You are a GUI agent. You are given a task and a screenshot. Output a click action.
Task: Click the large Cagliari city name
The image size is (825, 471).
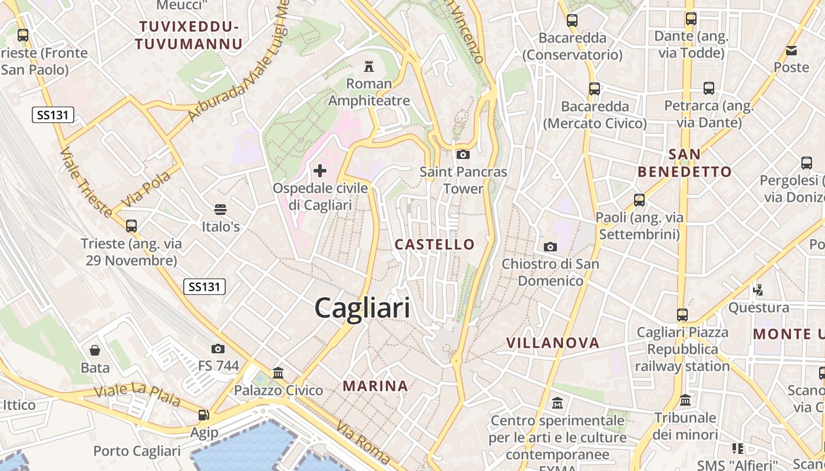click(x=362, y=308)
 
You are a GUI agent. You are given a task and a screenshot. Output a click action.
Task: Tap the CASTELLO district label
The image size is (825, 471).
click(x=435, y=244)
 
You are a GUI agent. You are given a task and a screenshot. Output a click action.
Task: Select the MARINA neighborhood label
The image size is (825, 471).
click(x=375, y=386)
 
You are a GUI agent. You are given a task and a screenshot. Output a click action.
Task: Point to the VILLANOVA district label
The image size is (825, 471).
click(x=553, y=343)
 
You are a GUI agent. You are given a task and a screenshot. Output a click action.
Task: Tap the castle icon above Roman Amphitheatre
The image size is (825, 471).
click(x=369, y=65)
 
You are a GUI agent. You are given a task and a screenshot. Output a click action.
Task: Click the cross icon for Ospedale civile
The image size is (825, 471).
click(x=320, y=171)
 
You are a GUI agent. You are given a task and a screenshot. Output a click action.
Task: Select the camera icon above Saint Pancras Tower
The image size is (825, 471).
click(x=463, y=154)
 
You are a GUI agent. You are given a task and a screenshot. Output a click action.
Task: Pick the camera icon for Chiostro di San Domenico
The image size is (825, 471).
click(x=550, y=247)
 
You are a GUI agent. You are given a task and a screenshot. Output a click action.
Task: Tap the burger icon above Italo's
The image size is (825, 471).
click(x=220, y=209)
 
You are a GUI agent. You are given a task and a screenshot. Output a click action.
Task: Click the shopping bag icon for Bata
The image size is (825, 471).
click(x=95, y=350)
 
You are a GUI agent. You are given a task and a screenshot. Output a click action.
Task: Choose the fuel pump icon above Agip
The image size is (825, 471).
click(x=204, y=415)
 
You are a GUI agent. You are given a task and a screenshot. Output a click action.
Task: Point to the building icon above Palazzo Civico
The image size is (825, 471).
click(x=278, y=373)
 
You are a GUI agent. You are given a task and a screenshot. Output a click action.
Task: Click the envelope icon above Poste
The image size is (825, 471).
click(x=791, y=51)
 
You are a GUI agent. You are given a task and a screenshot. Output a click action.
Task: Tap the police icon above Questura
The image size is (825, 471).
click(x=758, y=290)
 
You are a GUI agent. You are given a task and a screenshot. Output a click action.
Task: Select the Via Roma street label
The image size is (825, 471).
click(x=364, y=442)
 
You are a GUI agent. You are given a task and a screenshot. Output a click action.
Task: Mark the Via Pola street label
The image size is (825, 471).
click(x=146, y=189)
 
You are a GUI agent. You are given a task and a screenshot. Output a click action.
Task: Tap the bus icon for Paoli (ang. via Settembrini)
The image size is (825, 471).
click(x=639, y=200)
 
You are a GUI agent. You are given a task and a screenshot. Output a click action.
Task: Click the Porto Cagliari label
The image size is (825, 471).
click(x=137, y=451)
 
